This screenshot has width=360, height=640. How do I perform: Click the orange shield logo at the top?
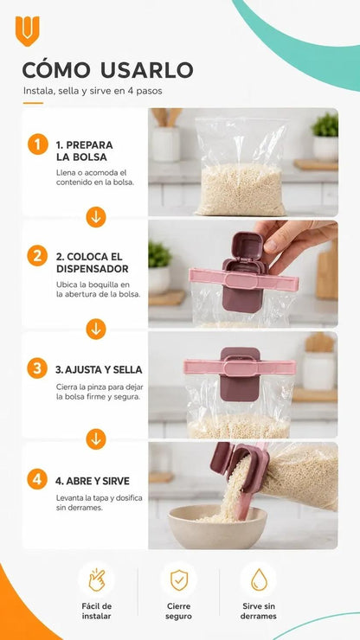[28, 31]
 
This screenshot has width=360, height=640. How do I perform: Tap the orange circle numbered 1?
[38, 144]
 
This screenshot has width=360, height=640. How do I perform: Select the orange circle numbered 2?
[37, 256]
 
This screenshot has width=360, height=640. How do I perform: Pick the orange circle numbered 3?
[37, 368]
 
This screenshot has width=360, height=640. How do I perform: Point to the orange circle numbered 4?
[37, 479]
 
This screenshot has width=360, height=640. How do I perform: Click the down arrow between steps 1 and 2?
[96, 217]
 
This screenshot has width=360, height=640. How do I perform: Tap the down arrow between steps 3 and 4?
[96, 439]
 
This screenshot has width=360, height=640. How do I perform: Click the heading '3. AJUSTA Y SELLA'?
[99, 370]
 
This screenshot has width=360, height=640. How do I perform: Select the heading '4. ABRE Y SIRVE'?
[93, 481]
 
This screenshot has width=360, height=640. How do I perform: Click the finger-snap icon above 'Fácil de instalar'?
[96, 580]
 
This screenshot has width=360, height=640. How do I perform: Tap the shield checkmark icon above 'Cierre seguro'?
[179, 580]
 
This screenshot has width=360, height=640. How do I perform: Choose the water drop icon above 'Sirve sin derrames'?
[259, 580]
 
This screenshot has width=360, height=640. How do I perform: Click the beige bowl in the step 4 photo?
[217, 527]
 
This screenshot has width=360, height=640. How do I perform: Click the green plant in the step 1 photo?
[325, 125]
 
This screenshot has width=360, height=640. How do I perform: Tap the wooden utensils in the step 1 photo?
[167, 117]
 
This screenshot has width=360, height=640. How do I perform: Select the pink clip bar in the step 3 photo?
[240, 367]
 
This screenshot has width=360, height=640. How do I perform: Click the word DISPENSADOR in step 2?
[93, 269]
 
